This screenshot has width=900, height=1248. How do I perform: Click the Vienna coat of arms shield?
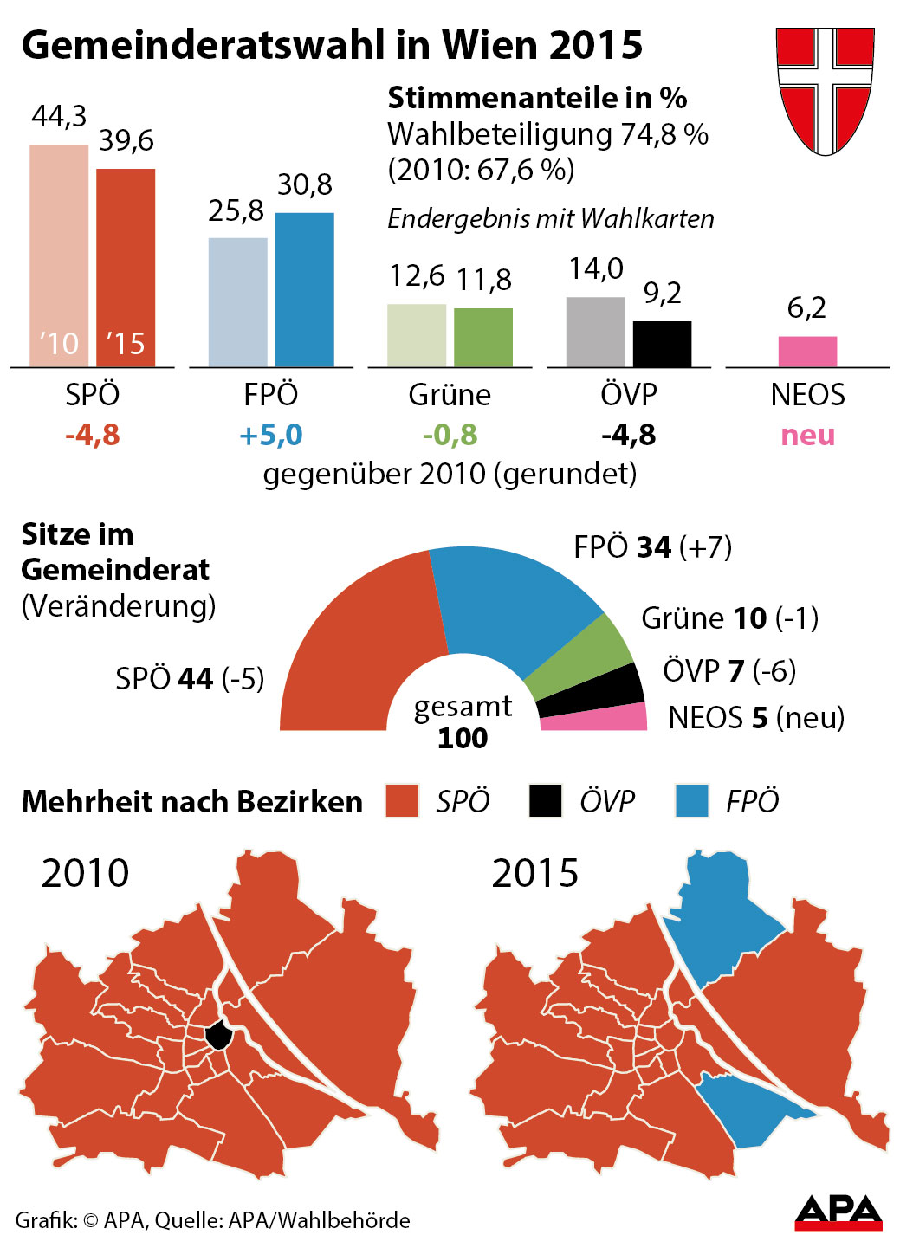(x=825, y=89)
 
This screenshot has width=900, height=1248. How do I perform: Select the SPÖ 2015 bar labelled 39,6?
(x=126, y=268)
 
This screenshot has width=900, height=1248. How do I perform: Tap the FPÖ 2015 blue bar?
(x=304, y=289)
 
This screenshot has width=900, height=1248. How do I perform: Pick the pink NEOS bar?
(x=807, y=352)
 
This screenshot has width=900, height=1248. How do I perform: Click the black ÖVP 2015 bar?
(x=662, y=344)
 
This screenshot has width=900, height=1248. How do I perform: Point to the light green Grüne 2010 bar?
(x=416, y=335)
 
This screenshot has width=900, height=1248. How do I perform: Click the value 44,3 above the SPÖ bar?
(x=59, y=116)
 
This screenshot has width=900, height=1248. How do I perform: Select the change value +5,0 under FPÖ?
(x=270, y=435)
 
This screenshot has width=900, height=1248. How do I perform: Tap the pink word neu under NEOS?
(x=807, y=435)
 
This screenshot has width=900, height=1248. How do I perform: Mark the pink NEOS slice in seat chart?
(x=598, y=718)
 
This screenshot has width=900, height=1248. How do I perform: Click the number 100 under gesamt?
(x=463, y=738)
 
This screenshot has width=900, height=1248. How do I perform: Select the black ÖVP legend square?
(x=546, y=801)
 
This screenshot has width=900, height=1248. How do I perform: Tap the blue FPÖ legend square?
(x=692, y=801)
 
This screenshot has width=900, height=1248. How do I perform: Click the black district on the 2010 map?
(x=219, y=1034)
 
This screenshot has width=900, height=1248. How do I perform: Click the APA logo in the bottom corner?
(x=838, y=1212)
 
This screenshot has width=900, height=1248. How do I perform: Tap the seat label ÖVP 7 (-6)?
(x=728, y=670)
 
